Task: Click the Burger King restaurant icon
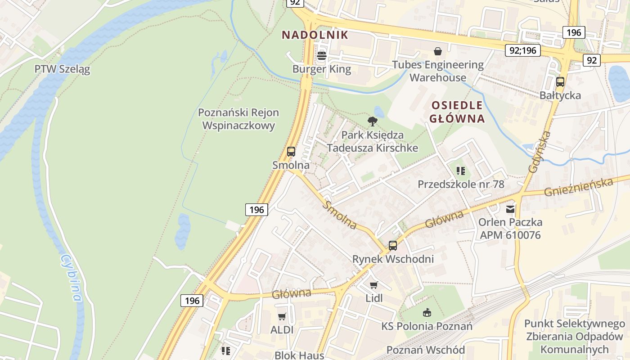coord(322,56)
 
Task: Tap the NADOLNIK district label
coord(315,35)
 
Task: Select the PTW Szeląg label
coord(62,69)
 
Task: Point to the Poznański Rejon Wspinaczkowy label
coord(238,119)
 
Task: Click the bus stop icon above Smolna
coord(291,152)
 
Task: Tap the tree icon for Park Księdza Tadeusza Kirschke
coord(372,121)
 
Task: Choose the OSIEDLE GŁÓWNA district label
coord(457,112)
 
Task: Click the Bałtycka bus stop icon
coord(560,82)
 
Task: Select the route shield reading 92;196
coord(522,50)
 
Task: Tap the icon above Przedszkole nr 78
coord(460,171)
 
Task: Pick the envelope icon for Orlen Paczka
coord(510,209)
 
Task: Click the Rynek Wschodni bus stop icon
coord(393,246)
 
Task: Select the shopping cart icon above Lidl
coord(373,285)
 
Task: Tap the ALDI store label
coord(282,330)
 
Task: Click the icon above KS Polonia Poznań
coord(427,312)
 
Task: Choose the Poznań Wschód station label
coord(426,350)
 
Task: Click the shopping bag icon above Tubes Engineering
coord(437,51)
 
